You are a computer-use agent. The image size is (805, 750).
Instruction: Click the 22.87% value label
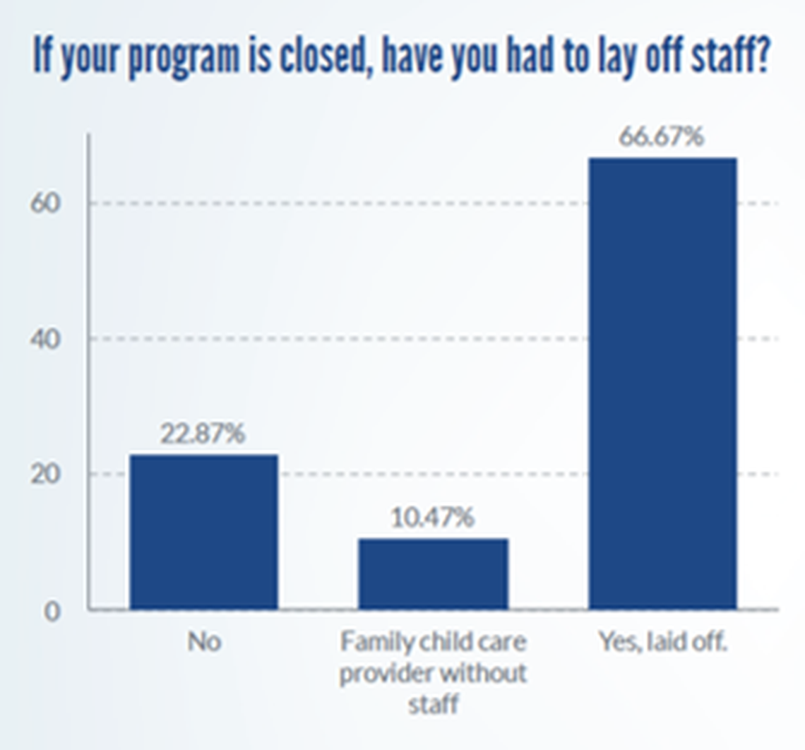(203, 434)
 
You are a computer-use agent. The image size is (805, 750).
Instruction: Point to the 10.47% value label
(432, 518)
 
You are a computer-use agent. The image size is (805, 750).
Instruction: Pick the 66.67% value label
(662, 136)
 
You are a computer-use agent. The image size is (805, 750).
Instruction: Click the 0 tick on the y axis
(52, 611)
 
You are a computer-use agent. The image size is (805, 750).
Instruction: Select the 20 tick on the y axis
(45, 475)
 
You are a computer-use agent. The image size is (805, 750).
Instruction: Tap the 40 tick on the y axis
(45, 339)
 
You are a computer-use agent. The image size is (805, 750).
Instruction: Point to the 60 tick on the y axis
(45, 203)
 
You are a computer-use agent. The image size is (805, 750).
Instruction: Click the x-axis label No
(204, 642)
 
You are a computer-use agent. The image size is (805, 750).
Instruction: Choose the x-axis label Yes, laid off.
(662, 642)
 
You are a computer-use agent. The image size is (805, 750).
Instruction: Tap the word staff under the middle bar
(432, 703)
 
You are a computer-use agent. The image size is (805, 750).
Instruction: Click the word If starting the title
(42, 56)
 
